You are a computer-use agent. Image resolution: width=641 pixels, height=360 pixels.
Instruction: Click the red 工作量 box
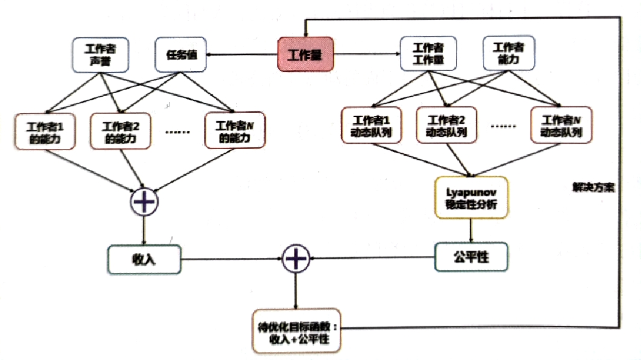pos(305,55)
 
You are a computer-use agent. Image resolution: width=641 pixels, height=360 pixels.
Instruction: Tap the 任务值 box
pos(181,55)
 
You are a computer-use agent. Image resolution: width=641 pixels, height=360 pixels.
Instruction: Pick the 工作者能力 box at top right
pos(509,54)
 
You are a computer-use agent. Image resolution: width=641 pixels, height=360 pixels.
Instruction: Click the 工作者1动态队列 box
pos(371,126)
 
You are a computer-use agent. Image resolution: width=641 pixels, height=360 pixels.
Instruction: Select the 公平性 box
pos(471,258)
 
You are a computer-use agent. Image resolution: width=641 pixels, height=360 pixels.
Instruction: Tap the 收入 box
pos(144,259)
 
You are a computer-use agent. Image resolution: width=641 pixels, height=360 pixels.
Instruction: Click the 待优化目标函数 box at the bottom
pos(295,331)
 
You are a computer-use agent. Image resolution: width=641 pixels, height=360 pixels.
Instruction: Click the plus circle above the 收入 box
pos(144,201)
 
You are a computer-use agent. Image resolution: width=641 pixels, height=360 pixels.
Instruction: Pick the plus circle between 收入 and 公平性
pos(295,259)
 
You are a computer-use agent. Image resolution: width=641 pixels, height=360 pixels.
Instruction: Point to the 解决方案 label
pos(593,188)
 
